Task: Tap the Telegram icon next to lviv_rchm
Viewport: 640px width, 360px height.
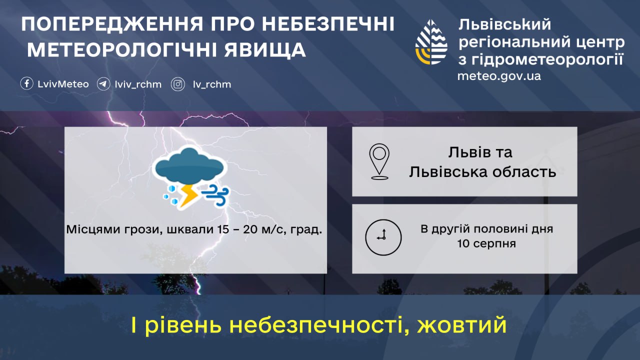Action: (x=103, y=84)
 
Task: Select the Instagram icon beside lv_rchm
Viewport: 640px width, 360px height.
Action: (x=178, y=84)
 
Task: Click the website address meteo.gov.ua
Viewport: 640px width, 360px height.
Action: (x=499, y=76)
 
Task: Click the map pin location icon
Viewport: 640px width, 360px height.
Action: (x=379, y=161)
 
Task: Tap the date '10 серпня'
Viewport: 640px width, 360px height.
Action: (x=486, y=244)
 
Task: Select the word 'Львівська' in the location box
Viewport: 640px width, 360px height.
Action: (x=448, y=172)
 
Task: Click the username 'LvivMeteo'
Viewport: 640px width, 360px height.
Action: (x=63, y=84)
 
